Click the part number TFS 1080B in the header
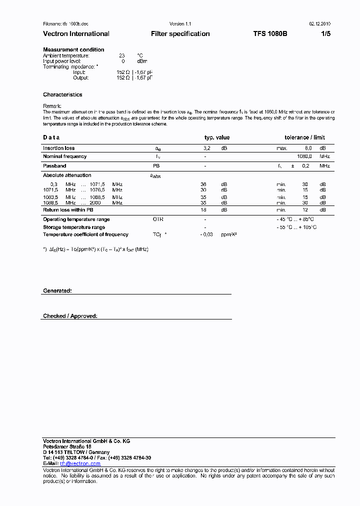point(270,34)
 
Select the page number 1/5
point(325,34)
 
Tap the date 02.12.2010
point(319,24)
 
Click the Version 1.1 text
point(180,24)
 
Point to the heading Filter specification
point(180,34)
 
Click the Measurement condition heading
point(73,49)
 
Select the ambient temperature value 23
point(121,55)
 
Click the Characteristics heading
point(62,94)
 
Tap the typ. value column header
point(217,137)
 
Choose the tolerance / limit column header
point(304,137)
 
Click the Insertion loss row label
point(58,148)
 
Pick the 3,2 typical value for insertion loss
point(206,148)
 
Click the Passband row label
point(54,165)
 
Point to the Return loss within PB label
point(68,210)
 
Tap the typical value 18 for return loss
point(203,210)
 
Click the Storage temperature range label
point(74,227)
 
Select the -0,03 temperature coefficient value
point(206,234)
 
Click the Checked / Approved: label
point(70,316)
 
